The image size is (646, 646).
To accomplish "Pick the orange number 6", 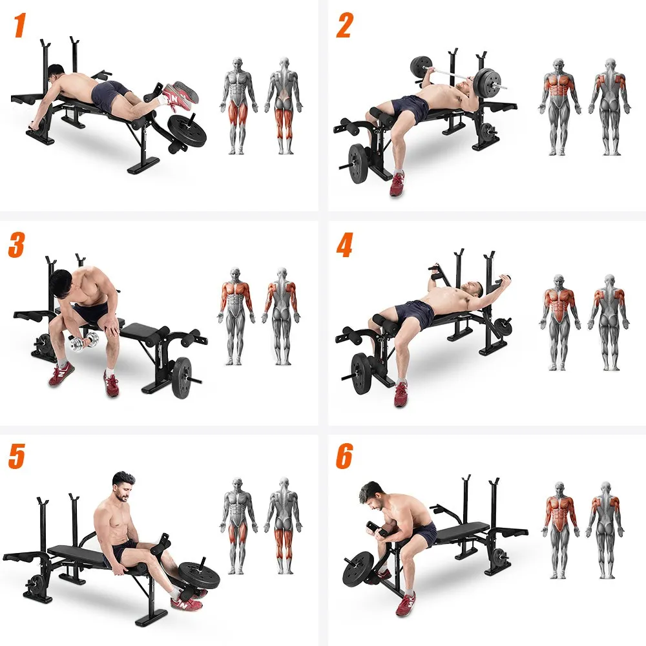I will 344,457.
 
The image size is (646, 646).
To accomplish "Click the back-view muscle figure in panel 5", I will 282,526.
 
